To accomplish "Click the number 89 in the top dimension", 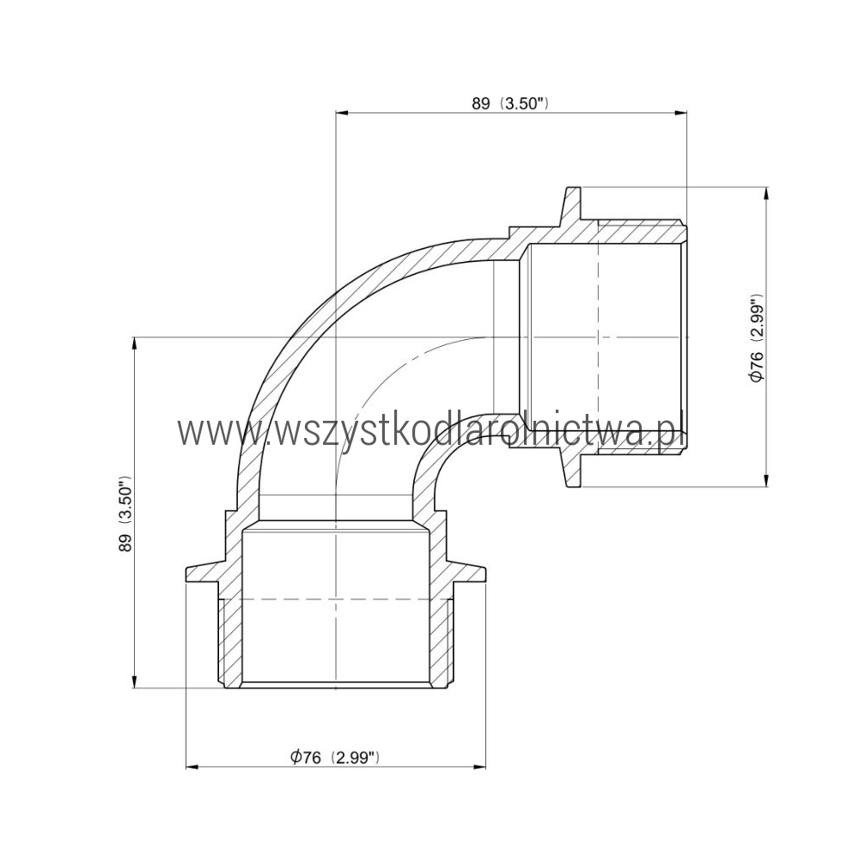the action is tap(480, 104).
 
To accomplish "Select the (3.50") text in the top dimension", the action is tap(524, 104).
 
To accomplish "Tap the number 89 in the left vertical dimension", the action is tap(127, 542).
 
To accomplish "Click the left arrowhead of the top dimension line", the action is tap(341, 113).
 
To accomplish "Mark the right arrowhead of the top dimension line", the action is tap(680, 113).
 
